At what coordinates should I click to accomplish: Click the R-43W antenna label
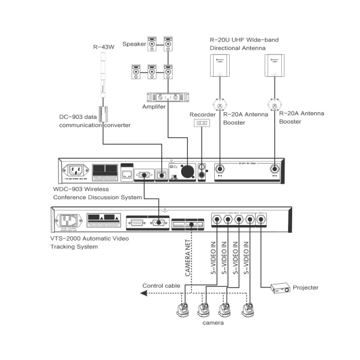(103, 47)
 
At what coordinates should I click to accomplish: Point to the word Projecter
(305, 288)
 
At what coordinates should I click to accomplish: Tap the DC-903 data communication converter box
(103, 113)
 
